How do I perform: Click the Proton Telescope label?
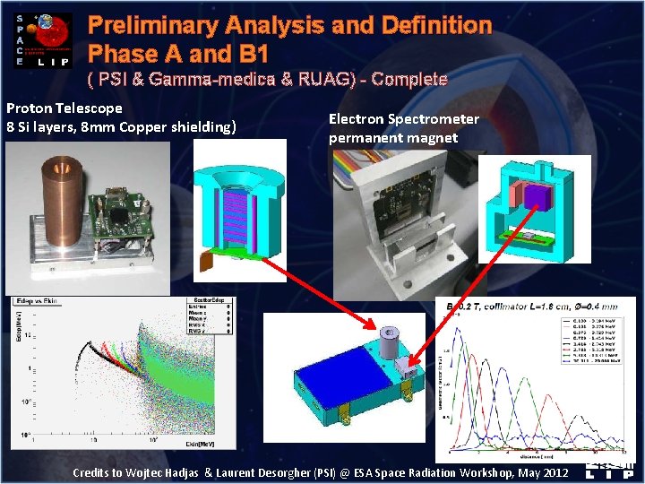pyautogui.click(x=64, y=108)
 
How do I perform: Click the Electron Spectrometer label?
pyautogui.click(x=403, y=118)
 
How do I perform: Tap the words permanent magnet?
pyautogui.click(x=393, y=137)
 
